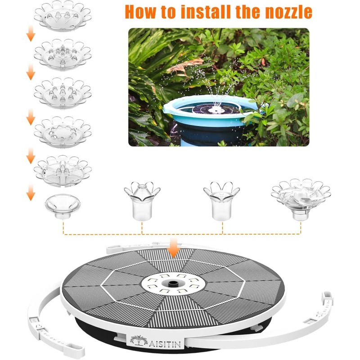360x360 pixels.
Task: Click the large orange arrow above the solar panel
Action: click(173, 249)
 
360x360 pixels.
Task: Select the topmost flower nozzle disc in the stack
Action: click(62, 17)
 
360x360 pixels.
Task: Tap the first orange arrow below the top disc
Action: click(30, 34)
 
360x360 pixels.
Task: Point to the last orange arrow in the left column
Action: click(30, 193)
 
